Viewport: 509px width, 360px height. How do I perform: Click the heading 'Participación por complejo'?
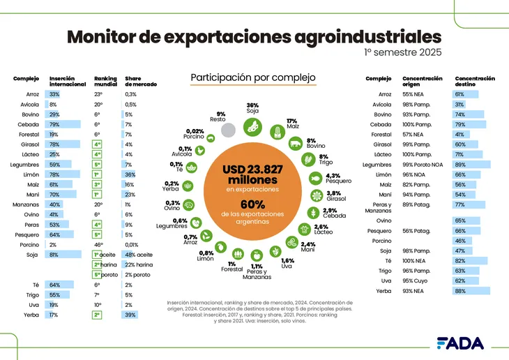253,77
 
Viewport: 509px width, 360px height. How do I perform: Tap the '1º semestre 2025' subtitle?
402,52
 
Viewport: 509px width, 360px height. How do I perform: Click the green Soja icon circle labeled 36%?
253,126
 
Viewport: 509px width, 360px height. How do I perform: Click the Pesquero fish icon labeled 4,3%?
315,179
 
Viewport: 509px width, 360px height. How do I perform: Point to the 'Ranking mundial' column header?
105,82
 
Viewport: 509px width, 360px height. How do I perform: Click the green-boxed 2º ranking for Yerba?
98,315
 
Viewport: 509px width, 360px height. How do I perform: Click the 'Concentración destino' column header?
474,82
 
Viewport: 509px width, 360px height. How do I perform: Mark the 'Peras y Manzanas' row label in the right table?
378,207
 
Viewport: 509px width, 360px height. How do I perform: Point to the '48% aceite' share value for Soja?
139,255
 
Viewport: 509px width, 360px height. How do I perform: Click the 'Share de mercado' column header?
140,82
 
